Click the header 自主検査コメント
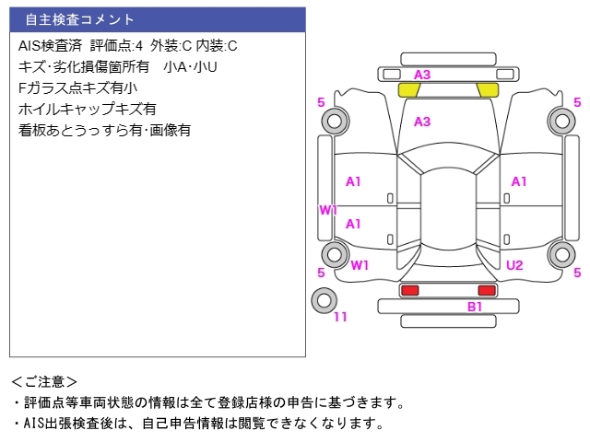[79, 19]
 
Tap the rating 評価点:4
[116, 45]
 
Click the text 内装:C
[218, 45]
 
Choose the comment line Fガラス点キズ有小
[77, 87]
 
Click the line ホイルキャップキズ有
[87, 109]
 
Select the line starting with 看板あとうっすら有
[104, 130]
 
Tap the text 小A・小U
[190, 66]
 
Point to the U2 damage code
[513, 265]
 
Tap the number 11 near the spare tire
[340, 317]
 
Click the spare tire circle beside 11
[324, 299]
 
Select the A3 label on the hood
[422, 122]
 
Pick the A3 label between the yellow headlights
[422, 75]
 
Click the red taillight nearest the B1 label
[486, 290]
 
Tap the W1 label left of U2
[360, 265]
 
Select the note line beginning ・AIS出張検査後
[197, 424]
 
